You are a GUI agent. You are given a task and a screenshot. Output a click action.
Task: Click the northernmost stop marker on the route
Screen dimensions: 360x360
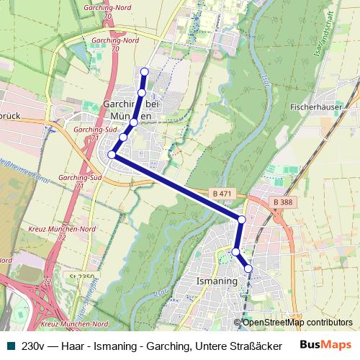tap(144, 71)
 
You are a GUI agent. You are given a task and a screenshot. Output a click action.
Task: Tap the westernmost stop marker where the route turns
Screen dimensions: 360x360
tap(112, 154)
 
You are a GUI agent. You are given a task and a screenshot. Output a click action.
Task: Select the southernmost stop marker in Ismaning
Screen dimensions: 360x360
tap(249, 269)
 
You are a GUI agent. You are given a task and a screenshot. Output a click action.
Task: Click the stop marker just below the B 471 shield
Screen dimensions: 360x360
tap(241, 219)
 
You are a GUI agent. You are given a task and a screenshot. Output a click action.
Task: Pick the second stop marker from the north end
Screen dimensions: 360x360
tap(142, 93)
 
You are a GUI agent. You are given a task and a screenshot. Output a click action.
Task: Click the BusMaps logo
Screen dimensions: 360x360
tap(325, 346)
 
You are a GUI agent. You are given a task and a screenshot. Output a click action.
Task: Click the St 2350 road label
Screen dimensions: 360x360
tap(83, 276)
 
